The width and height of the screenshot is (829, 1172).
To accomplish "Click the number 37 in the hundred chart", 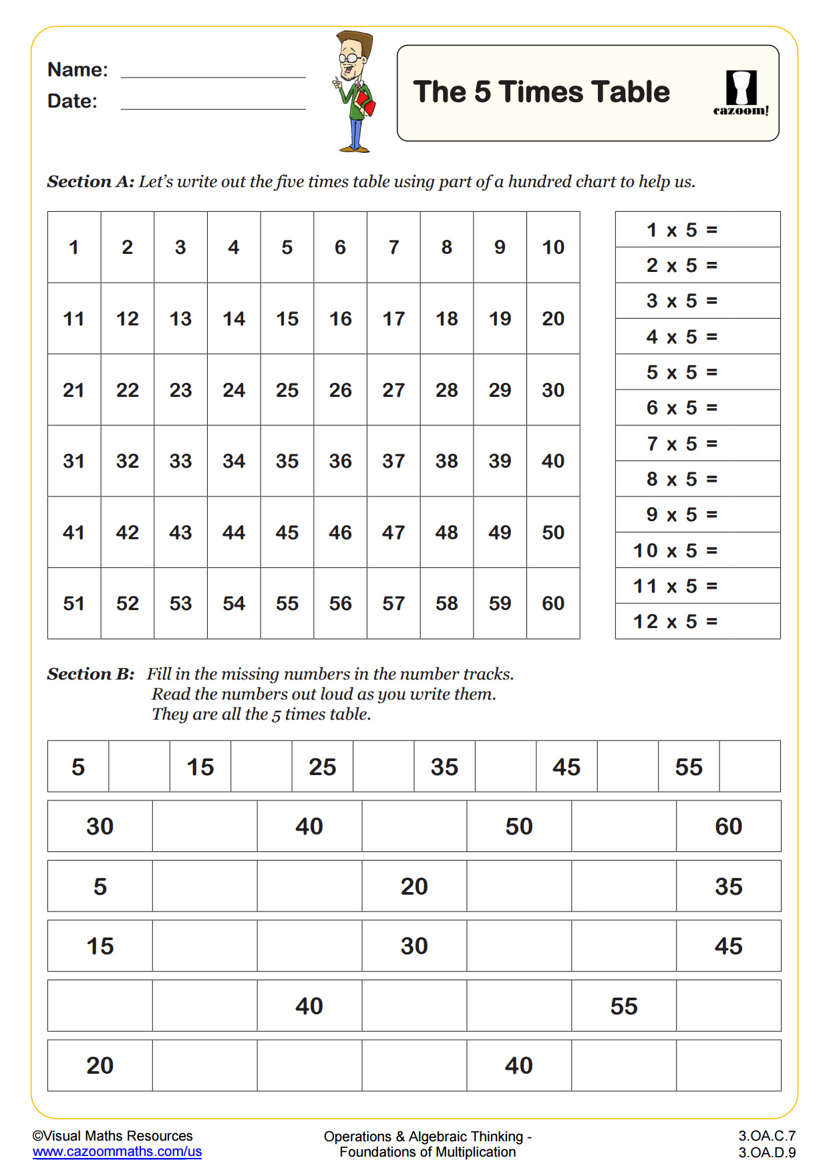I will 393,461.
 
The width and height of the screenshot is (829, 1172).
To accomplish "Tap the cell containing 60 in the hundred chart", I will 553,603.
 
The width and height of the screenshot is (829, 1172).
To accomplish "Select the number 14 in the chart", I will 234,319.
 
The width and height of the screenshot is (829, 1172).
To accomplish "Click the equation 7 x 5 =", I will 682,444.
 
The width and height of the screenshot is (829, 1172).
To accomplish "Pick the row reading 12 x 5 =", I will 675,621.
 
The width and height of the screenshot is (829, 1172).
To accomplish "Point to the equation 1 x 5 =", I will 682,230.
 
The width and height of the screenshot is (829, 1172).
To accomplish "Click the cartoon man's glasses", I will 349,59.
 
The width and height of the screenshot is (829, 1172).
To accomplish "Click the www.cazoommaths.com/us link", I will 117,1151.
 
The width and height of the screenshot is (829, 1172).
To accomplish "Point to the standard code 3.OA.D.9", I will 766,1152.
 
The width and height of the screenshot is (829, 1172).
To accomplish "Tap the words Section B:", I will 91,674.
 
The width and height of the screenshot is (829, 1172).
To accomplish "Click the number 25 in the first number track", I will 322,766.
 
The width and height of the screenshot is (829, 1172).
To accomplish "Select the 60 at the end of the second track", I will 728,827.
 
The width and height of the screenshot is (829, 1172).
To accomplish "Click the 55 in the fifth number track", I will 623,1006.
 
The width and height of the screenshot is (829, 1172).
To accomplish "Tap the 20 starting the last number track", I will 100,1065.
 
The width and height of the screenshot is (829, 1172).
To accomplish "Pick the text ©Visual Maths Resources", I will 112,1136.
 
